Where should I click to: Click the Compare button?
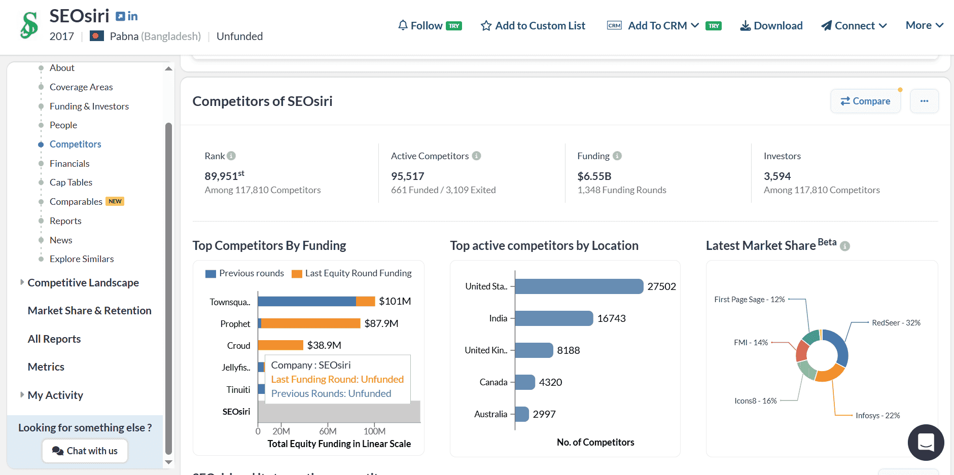(865, 101)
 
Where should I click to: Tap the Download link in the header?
(771, 26)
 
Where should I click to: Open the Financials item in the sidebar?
(69, 163)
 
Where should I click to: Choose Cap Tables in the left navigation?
(71, 182)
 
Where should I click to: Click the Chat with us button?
(85, 451)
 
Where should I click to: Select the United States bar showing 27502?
(579, 286)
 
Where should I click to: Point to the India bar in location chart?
(554, 318)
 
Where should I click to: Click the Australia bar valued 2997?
(522, 414)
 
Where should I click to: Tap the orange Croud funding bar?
(280, 345)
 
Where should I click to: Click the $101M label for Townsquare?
(395, 301)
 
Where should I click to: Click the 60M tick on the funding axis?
(328, 431)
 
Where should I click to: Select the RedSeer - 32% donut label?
(896, 323)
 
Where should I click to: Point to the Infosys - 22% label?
(877, 416)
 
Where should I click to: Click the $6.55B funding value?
(594, 176)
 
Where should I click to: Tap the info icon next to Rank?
(231, 156)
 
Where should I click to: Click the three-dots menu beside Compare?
(924, 101)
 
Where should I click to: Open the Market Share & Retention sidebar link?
(89, 311)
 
